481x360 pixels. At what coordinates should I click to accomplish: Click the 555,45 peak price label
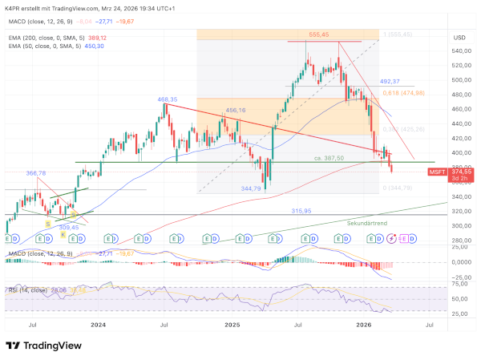319,34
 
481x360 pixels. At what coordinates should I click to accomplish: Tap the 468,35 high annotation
168,100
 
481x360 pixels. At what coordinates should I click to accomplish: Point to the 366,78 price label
37,172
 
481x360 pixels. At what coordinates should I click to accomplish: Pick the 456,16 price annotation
235,111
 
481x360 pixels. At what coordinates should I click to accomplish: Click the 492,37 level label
390,81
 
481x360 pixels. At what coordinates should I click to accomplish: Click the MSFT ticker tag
437,172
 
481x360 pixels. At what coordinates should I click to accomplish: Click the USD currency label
459,38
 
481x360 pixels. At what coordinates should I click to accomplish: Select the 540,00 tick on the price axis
461,51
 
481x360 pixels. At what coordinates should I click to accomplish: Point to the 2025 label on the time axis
232,325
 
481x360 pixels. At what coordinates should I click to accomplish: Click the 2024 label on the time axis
99,325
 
